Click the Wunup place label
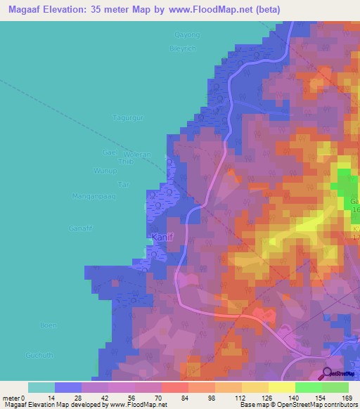tap(103, 171)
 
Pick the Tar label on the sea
tap(124, 184)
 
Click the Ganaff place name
tap(81, 228)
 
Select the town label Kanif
tap(161, 236)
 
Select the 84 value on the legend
tap(166, 398)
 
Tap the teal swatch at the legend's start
tap(41, 387)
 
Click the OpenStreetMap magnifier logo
tap(327, 372)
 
